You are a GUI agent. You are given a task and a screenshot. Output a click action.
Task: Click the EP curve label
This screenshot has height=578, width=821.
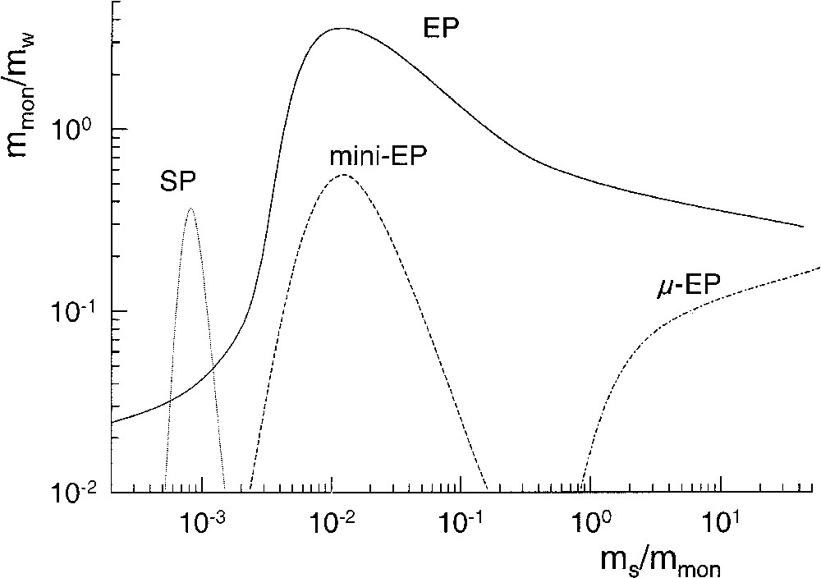(x=441, y=30)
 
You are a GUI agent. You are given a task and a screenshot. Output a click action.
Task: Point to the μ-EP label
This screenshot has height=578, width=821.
(x=690, y=285)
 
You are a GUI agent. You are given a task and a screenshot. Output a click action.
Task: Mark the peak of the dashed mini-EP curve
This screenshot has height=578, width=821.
(x=342, y=175)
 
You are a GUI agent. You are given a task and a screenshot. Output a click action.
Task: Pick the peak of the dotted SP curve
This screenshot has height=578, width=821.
(x=190, y=209)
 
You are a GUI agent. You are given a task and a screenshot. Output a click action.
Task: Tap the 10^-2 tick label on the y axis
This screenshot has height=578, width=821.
(x=78, y=492)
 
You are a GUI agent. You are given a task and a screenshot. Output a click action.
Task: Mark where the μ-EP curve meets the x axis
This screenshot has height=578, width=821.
(x=581, y=491)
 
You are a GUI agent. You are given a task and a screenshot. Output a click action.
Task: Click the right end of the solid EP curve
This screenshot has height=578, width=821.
(x=802, y=227)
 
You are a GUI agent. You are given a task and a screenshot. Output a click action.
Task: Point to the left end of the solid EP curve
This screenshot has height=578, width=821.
(x=112, y=423)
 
